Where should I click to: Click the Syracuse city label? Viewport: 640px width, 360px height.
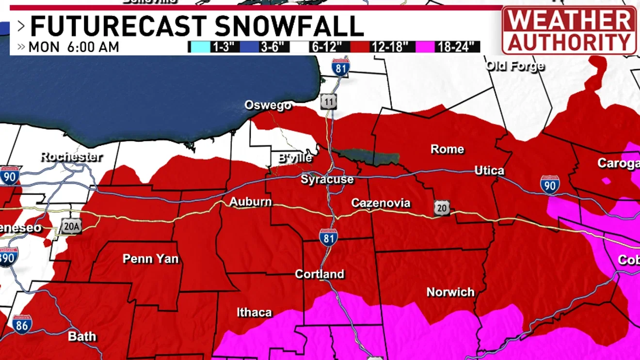pos(327,179)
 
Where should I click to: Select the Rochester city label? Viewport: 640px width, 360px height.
pos(71,157)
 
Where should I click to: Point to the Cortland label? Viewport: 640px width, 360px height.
pos(320,274)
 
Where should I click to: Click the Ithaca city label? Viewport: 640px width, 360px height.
pos(254,313)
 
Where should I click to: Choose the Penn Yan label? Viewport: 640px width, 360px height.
pos(150,259)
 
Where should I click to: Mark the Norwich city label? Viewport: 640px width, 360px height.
pos(450,292)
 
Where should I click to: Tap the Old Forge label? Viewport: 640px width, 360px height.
pos(515,66)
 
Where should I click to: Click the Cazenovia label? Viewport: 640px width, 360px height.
pos(381,203)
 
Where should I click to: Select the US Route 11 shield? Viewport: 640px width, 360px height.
pos(329,102)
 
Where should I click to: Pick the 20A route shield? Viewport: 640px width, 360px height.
pos(71,226)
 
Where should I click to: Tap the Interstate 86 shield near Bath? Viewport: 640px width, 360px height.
pos(22,324)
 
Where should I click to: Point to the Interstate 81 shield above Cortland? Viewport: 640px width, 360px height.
pos(328,237)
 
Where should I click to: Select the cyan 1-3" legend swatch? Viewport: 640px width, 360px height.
pos(199,47)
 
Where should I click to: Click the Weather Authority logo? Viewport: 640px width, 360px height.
pos(569,30)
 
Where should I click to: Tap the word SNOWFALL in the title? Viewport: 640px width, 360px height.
pos(289,27)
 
